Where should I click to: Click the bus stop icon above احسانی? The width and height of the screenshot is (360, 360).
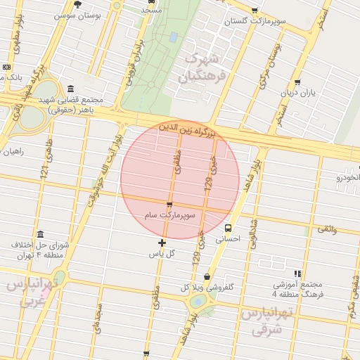pyautogui.click(x=228, y=228)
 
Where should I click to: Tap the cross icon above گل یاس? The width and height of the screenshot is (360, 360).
pyautogui.click(x=162, y=243)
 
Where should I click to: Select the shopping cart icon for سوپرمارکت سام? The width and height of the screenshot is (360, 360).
pyautogui.click(x=169, y=205)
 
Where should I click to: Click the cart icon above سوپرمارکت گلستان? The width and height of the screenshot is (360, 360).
pyautogui.click(x=254, y=11)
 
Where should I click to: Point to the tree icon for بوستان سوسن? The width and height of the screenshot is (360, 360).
pyautogui.click(x=77, y=4)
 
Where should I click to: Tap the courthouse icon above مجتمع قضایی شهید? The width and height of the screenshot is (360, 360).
pyautogui.click(x=70, y=89)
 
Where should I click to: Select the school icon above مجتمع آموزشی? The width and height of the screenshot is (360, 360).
pyautogui.click(x=297, y=274)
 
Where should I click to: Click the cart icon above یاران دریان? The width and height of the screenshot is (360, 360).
pyautogui.click(x=298, y=82)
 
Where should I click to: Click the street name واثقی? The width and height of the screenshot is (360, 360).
pyautogui.click(x=327, y=229)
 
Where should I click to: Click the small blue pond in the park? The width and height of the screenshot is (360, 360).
pyautogui.click(x=173, y=37)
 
